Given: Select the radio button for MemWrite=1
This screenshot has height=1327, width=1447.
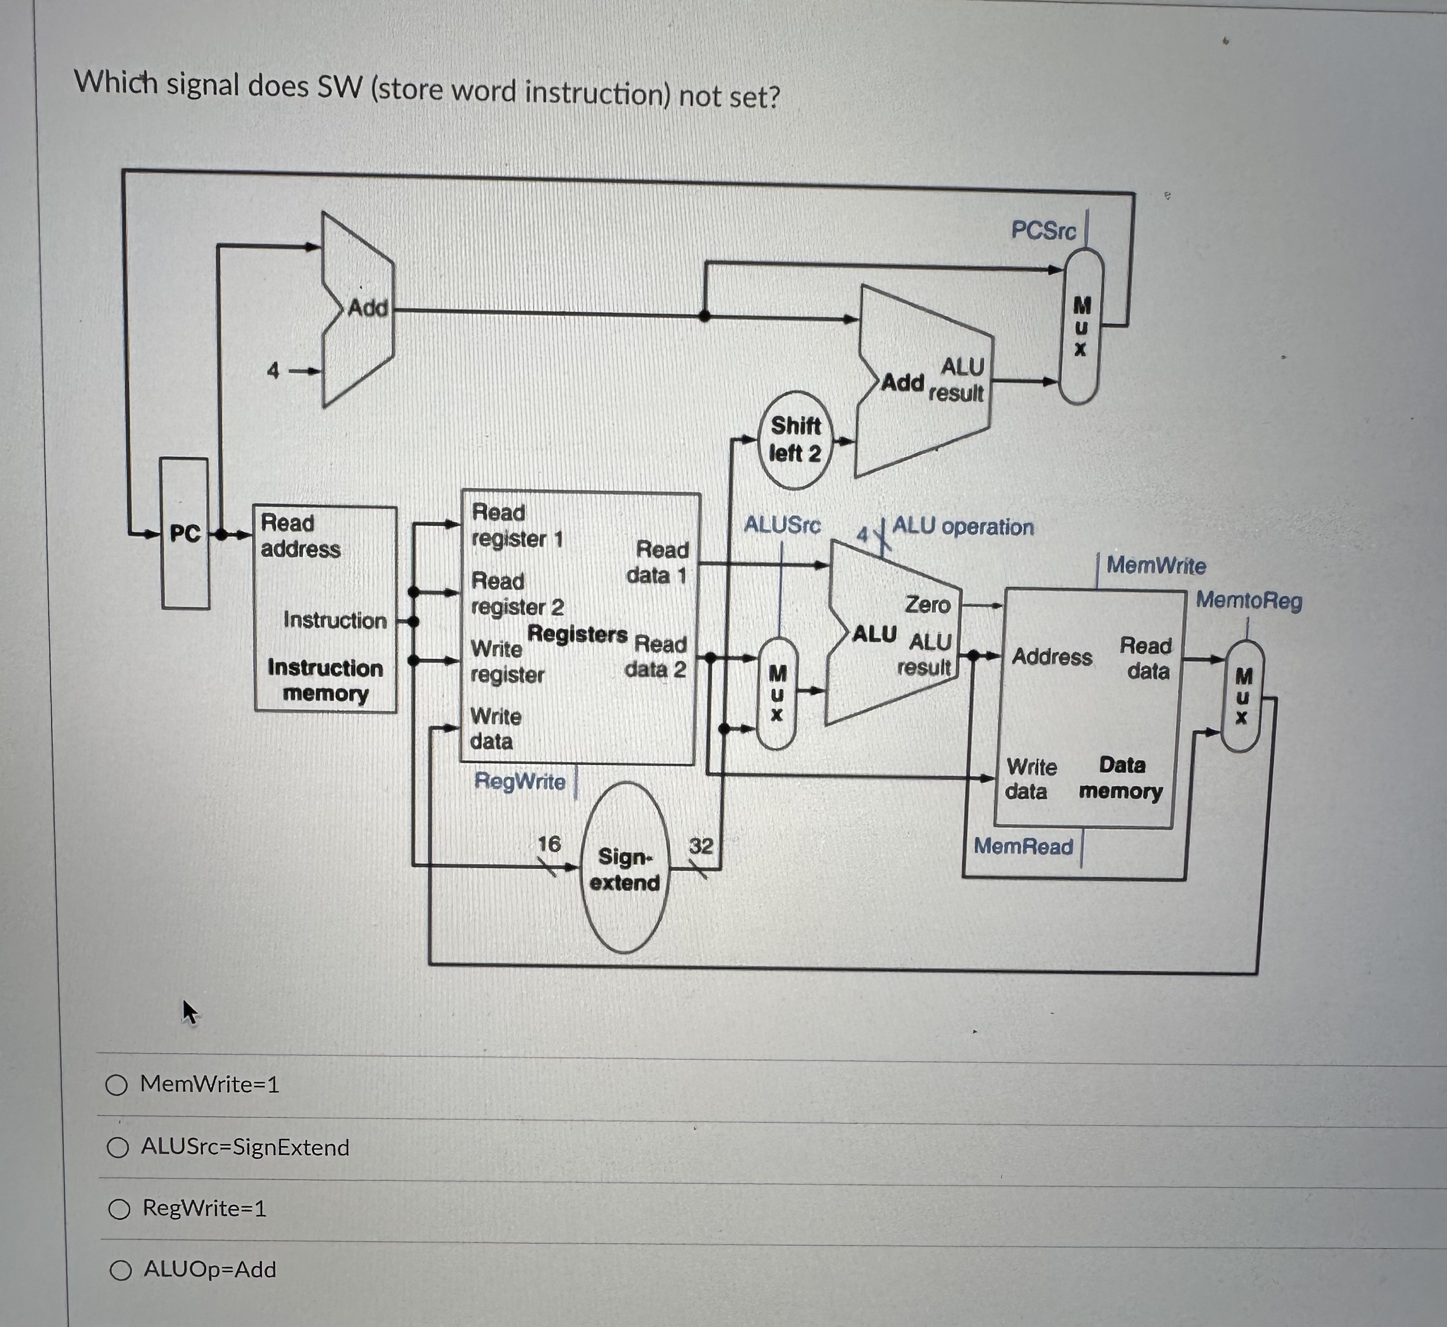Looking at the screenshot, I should (116, 1084).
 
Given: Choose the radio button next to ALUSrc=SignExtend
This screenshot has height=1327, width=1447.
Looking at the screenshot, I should (118, 1148).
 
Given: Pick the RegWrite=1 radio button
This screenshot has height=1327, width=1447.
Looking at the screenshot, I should (119, 1209).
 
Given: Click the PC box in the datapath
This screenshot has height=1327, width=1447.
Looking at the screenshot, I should (185, 534).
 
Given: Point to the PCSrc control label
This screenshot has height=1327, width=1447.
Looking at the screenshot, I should (1044, 231).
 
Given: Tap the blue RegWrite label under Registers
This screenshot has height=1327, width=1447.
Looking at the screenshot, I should (520, 781).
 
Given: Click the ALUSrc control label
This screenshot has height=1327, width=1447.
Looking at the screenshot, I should (782, 525).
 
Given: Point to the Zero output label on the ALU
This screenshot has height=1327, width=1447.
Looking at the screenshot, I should (927, 604).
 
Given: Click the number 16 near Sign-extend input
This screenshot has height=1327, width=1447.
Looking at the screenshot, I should (549, 844).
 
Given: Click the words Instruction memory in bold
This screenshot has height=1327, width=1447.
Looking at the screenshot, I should (325, 680).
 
